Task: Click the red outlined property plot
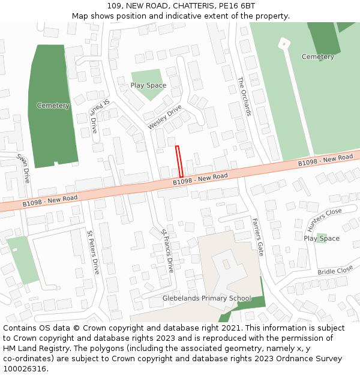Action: point(179,161)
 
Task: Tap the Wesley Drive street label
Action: point(164,117)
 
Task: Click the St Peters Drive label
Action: point(93,252)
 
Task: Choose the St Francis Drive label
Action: point(167,251)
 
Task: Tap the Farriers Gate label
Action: point(258,236)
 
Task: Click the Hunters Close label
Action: point(324,220)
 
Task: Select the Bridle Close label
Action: point(335,271)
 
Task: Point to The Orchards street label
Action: point(245,96)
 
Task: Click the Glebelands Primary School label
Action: point(207,298)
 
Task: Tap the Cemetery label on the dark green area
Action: point(53,106)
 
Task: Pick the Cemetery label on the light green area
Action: point(317,57)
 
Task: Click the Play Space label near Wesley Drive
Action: point(148,85)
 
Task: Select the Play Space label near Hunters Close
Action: point(322,238)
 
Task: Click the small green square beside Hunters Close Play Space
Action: point(322,238)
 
